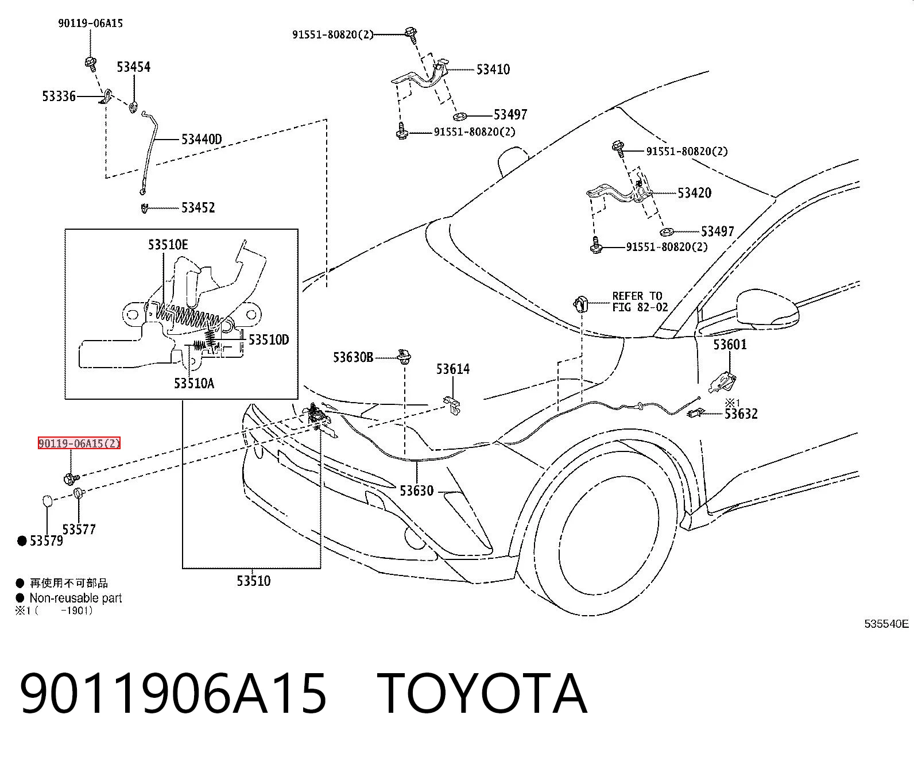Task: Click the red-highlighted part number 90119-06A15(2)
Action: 79,443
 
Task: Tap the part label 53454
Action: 134,67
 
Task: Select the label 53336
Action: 59,96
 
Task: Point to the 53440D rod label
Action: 202,140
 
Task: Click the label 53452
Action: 198,208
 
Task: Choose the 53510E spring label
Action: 168,245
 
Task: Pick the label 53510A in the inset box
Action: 194,384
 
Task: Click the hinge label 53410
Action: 493,69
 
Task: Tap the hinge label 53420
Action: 695,193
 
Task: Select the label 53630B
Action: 353,357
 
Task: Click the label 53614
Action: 453,369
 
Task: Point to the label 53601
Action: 730,345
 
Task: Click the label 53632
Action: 741,414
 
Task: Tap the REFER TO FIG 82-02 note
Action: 640,302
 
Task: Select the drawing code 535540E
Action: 886,624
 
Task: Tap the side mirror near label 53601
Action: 768,309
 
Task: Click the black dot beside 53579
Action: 22,541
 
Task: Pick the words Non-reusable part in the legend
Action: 76,598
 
